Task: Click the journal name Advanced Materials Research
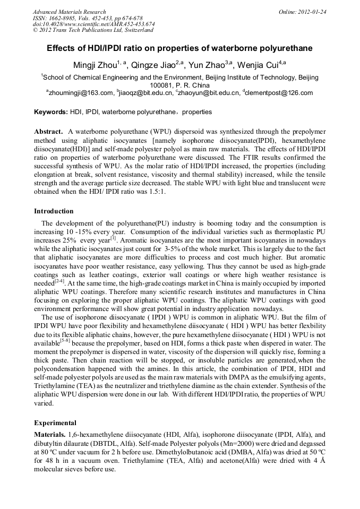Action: pos(69,12)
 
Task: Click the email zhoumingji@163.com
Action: pos(82,93)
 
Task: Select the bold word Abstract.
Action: pos(49,131)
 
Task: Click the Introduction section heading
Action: pos(54,211)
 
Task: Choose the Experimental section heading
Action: pos(55,423)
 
